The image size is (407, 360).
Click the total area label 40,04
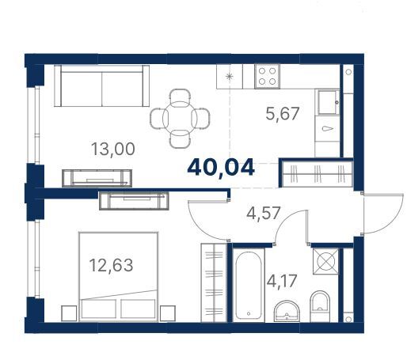click(x=221, y=168)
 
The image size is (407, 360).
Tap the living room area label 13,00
click(x=113, y=149)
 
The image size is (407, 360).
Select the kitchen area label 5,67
click(x=283, y=113)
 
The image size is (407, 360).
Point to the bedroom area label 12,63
click(x=111, y=265)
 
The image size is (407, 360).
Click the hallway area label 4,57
click(x=263, y=213)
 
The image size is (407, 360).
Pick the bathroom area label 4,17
click(x=282, y=281)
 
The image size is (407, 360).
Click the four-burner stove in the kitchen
click(x=267, y=76)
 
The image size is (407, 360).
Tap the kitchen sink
click(x=329, y=102)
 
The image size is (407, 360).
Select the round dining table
click(x=180, y=118)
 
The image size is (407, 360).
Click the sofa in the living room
click(x=101, y=85)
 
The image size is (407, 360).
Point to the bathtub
click(x=249, y=285)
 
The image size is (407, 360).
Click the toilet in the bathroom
click(x=320, y=306)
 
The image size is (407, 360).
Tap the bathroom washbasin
click(x=287, y=311)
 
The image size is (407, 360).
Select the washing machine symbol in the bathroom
click(x=325, y=261)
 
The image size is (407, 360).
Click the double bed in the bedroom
click(x=119, y=277)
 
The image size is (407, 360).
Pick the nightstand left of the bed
click(x=69, y=313)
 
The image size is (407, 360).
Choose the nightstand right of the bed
click(x=168, y=313)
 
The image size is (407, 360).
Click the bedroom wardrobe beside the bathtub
click(x=214, y=282)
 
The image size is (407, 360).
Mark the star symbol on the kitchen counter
click(x=230, y=77)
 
